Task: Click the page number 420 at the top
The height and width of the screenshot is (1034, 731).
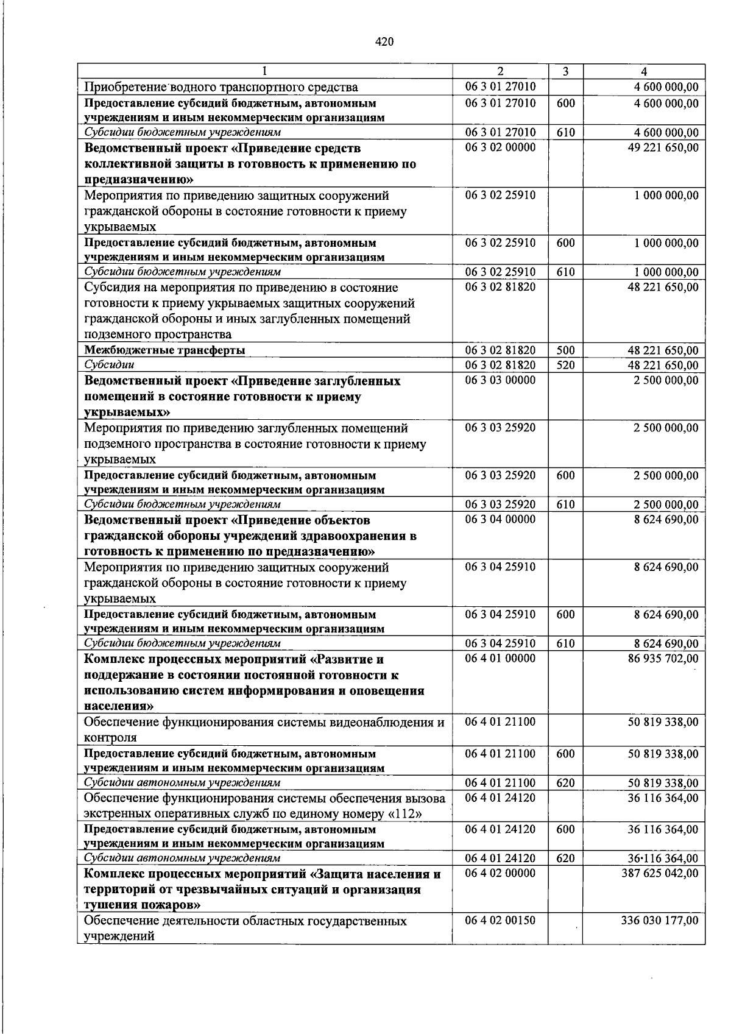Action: coord(384,42)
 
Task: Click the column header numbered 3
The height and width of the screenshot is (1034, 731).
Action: coord(565,71)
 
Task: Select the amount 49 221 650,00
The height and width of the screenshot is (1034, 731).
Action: coord(663,148)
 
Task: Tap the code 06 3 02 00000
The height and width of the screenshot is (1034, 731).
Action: coord(500,148)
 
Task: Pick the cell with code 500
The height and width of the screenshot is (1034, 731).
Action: coord(565,350)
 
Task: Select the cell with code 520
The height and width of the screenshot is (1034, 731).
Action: coord(565,366)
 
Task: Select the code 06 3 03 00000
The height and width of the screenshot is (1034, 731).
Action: coord(500,381)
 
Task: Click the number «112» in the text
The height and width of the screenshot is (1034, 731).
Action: coord(409,815)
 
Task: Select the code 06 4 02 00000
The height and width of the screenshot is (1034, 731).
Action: coord(500,874)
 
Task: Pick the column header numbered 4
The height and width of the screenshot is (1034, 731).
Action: coord(644,71)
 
